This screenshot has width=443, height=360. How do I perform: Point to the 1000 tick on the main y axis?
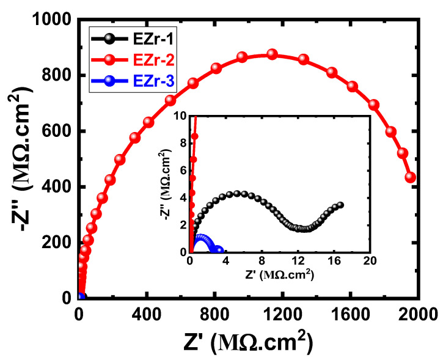(50, 20)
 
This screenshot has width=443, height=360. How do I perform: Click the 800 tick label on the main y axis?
(56, 76)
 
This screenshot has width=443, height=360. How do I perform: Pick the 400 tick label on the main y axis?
(56, 187)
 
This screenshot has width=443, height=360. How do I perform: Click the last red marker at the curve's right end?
(411, 177)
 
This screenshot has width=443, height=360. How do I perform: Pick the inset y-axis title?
(161, 183)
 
